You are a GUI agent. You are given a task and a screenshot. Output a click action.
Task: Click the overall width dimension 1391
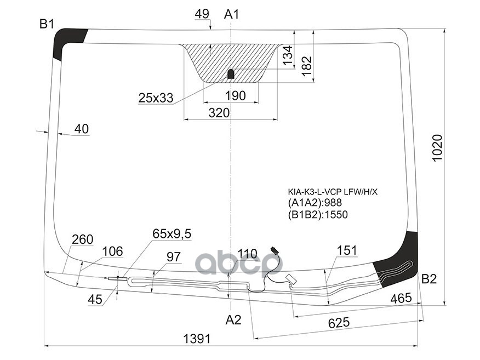[196, 339]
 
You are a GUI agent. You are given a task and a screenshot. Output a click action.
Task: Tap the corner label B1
[47, 24]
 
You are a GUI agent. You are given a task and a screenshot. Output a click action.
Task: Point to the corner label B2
[429, 279]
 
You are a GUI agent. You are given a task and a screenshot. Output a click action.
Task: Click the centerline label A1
[232, 14]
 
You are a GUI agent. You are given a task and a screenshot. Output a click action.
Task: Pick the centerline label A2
[233, 320]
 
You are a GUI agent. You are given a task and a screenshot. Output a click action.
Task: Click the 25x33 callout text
[155, 98]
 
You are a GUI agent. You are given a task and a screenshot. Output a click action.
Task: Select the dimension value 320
[219, 113]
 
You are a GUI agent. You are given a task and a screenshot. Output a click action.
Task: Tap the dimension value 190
[235, 96]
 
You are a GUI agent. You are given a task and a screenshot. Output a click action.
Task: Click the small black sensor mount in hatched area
[231, 73]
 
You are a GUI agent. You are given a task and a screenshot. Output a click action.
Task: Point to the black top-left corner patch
[67, 43]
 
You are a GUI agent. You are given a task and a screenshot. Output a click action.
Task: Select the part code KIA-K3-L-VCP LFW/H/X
[333, 192]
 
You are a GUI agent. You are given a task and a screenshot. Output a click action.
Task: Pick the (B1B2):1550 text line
[318, 214]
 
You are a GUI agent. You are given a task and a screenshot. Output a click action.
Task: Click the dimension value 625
[339, 323]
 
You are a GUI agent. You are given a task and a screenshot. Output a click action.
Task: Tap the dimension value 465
[401, 299]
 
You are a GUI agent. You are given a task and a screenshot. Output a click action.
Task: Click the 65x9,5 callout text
[172, 234]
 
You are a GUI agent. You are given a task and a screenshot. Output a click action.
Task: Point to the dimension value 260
[82, 239]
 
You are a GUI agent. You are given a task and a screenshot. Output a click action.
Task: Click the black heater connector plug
[273, 252]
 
